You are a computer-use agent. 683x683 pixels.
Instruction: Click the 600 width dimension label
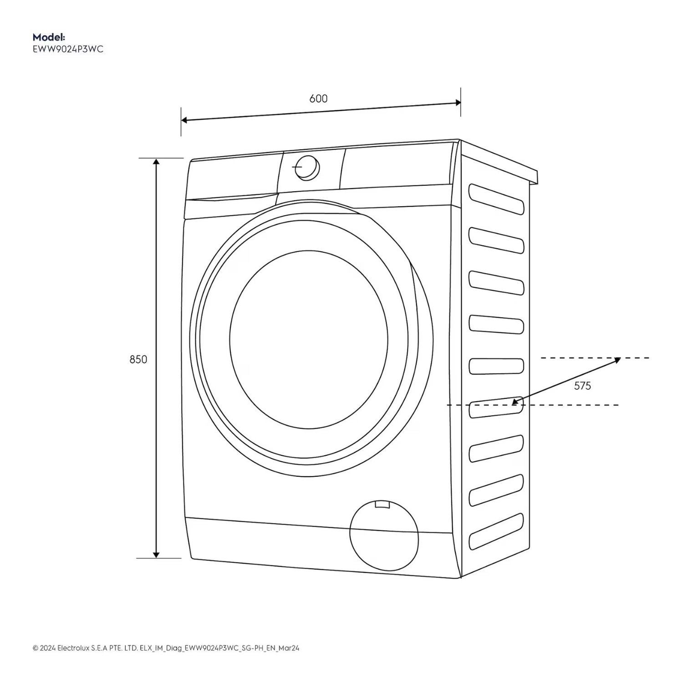click(318, 98)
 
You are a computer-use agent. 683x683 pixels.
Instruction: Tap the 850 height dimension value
click(138, 359)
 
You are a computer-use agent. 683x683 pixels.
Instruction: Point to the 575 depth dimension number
click(582, 386)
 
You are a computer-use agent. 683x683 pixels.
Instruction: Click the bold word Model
click(49, 37)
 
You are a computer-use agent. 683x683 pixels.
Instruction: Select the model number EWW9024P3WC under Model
click(68, 49)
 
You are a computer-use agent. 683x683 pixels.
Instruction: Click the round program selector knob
click(306, 168)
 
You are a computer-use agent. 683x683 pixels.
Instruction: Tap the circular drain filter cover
click(383, 535)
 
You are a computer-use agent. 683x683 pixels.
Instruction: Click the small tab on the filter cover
click(382, 504)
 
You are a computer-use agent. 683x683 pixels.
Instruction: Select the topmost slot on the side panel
click(496, 199)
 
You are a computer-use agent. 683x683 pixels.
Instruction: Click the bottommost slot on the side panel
click(496, 531)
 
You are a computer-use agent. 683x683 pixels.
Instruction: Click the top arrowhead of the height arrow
click(156, 162)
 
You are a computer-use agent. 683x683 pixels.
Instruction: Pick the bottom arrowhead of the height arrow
click(156, 554)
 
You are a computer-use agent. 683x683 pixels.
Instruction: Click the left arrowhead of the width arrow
click(185, 120)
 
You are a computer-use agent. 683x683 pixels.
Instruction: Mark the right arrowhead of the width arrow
click(458, 103)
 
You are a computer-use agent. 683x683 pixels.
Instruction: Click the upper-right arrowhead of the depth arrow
click(617, 360)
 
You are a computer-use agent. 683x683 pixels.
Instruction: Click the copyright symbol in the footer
click(36, 648)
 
